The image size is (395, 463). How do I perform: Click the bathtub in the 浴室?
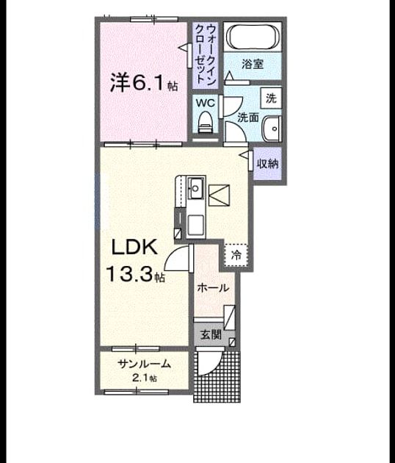253,37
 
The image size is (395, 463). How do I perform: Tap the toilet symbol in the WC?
206,122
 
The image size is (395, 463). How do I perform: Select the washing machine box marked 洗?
271,98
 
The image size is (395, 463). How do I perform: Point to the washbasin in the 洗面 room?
272,129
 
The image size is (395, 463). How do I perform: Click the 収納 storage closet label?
267,163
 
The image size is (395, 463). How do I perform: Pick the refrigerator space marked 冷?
236,255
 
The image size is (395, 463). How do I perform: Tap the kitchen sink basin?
196,188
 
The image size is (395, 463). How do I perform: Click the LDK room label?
134,248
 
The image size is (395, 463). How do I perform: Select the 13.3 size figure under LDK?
129,274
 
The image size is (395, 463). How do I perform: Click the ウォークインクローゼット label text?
206,55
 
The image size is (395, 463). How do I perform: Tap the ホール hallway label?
213,287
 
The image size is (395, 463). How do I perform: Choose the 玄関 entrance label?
211,335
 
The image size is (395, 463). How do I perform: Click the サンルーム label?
144,364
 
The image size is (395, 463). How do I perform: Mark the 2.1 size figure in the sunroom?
144,378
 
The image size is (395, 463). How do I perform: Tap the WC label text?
206,104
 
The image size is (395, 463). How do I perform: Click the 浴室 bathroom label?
253,64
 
